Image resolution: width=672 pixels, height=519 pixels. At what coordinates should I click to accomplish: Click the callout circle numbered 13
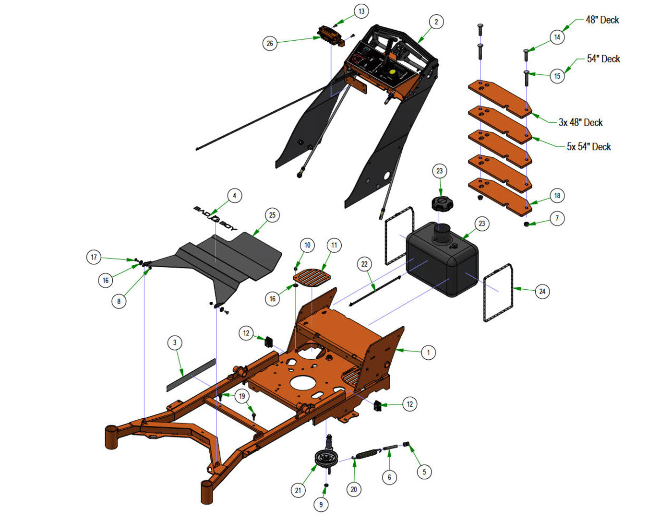tap(361, 12)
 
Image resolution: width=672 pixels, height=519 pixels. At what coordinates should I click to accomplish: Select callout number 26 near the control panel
tap(270, 43)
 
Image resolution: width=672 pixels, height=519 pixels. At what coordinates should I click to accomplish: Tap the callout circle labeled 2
tap(436, 22)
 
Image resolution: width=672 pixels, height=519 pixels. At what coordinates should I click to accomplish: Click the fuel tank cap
tap(442, 204)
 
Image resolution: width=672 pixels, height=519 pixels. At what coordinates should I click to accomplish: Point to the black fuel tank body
tap(442, 259)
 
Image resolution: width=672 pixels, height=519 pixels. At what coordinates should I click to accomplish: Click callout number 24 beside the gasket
tap(542, 291)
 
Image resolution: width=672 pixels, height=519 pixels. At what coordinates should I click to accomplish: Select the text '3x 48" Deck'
tap(580, 122)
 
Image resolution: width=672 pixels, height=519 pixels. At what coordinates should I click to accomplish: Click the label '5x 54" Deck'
tap(589, 146)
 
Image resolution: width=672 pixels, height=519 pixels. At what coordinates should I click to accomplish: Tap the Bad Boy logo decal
tap(215, 219)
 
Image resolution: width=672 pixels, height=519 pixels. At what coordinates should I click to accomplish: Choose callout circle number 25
tap(272, 215)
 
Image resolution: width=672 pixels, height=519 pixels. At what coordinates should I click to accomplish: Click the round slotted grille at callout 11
tap(312, 279)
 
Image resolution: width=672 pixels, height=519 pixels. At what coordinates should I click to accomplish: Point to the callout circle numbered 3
tap(175, 342)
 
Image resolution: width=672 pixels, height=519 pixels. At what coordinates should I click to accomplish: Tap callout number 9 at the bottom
tap(321, 505)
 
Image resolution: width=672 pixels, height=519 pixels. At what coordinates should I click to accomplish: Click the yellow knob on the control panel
tap(393, 72)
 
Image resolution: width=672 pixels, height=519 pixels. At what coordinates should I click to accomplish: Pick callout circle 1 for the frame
tap(428, 353)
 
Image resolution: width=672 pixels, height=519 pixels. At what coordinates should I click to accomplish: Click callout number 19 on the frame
tap(242, 396)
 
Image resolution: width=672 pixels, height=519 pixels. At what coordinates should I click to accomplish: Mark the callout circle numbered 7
tap(557, 218)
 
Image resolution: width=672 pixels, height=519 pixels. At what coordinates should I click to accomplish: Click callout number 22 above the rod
tap(364, 264)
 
